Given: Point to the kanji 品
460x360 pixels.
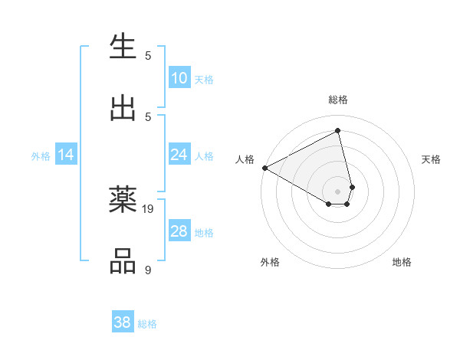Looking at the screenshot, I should point(123,261).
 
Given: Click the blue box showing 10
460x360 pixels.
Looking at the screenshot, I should point(179,78).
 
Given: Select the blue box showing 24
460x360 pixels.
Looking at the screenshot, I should point(179,155).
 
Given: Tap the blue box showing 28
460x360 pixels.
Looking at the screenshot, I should point(179,231).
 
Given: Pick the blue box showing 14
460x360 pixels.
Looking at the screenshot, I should point(66,155).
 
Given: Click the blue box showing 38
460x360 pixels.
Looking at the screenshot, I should point(123,322).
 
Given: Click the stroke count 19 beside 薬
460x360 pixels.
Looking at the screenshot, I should point(149,208).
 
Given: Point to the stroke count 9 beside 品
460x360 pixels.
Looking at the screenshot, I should point(148,270).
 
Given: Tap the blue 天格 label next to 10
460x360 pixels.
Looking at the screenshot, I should point(204,79).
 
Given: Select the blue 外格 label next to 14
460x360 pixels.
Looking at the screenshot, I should point(41,155).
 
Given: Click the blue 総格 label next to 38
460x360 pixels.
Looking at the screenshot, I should point(147,323).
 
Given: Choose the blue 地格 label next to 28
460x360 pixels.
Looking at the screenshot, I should point(204,232).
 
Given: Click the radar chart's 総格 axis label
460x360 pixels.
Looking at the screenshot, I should point(338,100).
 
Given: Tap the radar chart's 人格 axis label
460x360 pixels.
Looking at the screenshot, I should point(245,159).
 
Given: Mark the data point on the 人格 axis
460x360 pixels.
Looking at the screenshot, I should point(264,168).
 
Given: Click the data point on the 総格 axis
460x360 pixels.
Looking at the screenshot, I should point(337,131).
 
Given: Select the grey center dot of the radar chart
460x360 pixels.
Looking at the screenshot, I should point(337,190).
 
